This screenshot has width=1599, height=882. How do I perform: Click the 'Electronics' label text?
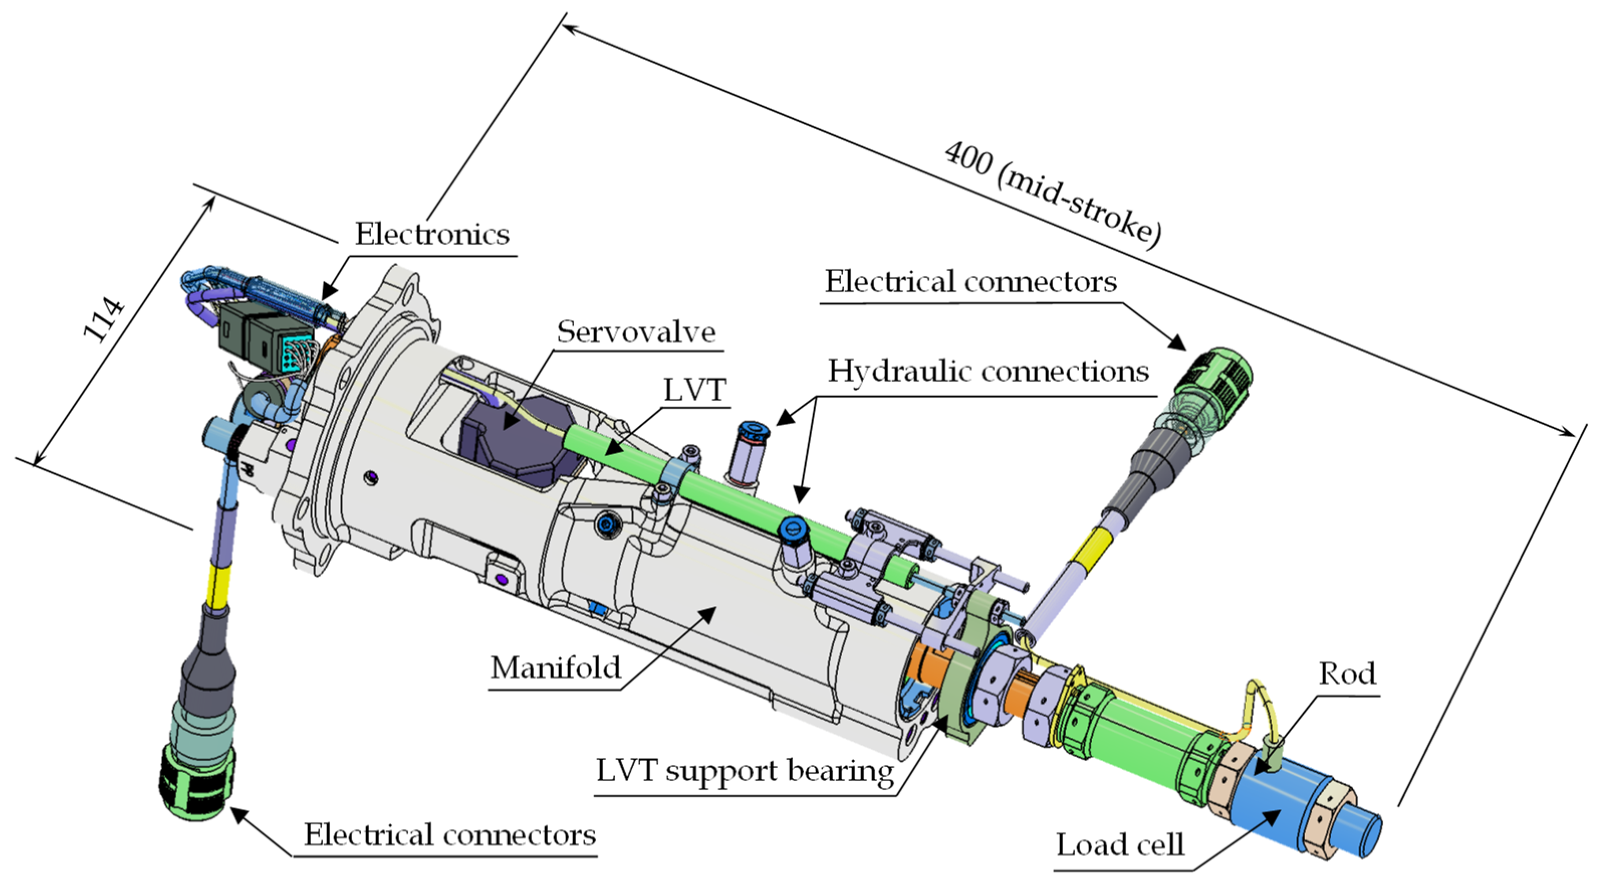tap(432, 235)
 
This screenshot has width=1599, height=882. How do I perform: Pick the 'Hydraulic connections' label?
tap(988, 371)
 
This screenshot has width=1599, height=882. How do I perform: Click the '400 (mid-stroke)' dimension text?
tap(1052, 194)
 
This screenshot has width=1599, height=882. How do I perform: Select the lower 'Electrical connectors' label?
tap(449, 835)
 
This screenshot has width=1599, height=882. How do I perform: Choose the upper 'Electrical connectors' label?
tap(970, 282)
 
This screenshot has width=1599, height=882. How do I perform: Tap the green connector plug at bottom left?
tap(197, 783)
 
